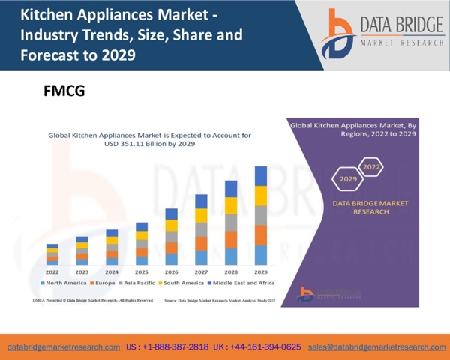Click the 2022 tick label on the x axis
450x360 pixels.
52,272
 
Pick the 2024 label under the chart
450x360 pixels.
112,272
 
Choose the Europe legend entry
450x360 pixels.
103,283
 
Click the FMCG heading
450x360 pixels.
64,91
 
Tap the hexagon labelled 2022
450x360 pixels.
370,167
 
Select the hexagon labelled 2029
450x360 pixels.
348,179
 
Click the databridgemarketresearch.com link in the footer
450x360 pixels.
64,347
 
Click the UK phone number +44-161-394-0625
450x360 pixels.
257,347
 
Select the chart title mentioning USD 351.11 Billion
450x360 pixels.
149,139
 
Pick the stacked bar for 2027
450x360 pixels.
201,229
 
